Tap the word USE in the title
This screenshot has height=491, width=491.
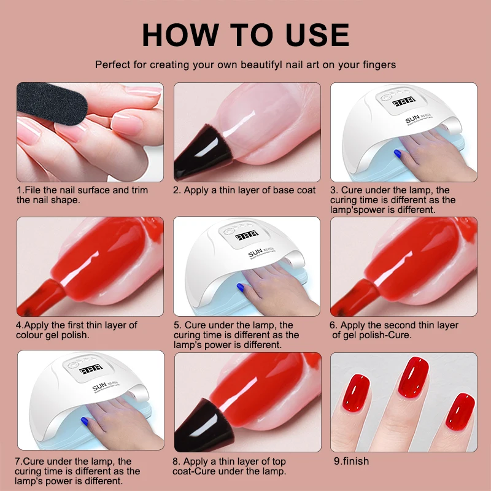click(x=313, y=35)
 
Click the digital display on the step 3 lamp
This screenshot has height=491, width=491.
click(x=403, y=102)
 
